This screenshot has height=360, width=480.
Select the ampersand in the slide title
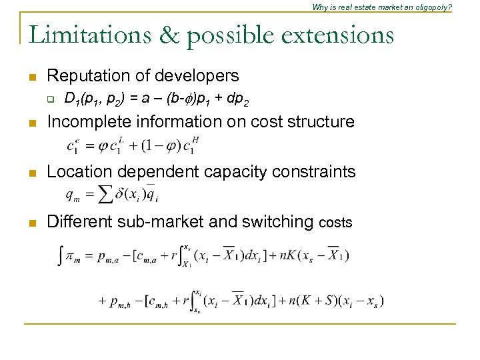click(x=170, y=35)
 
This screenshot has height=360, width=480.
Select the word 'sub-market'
click(x=155, y=221)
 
